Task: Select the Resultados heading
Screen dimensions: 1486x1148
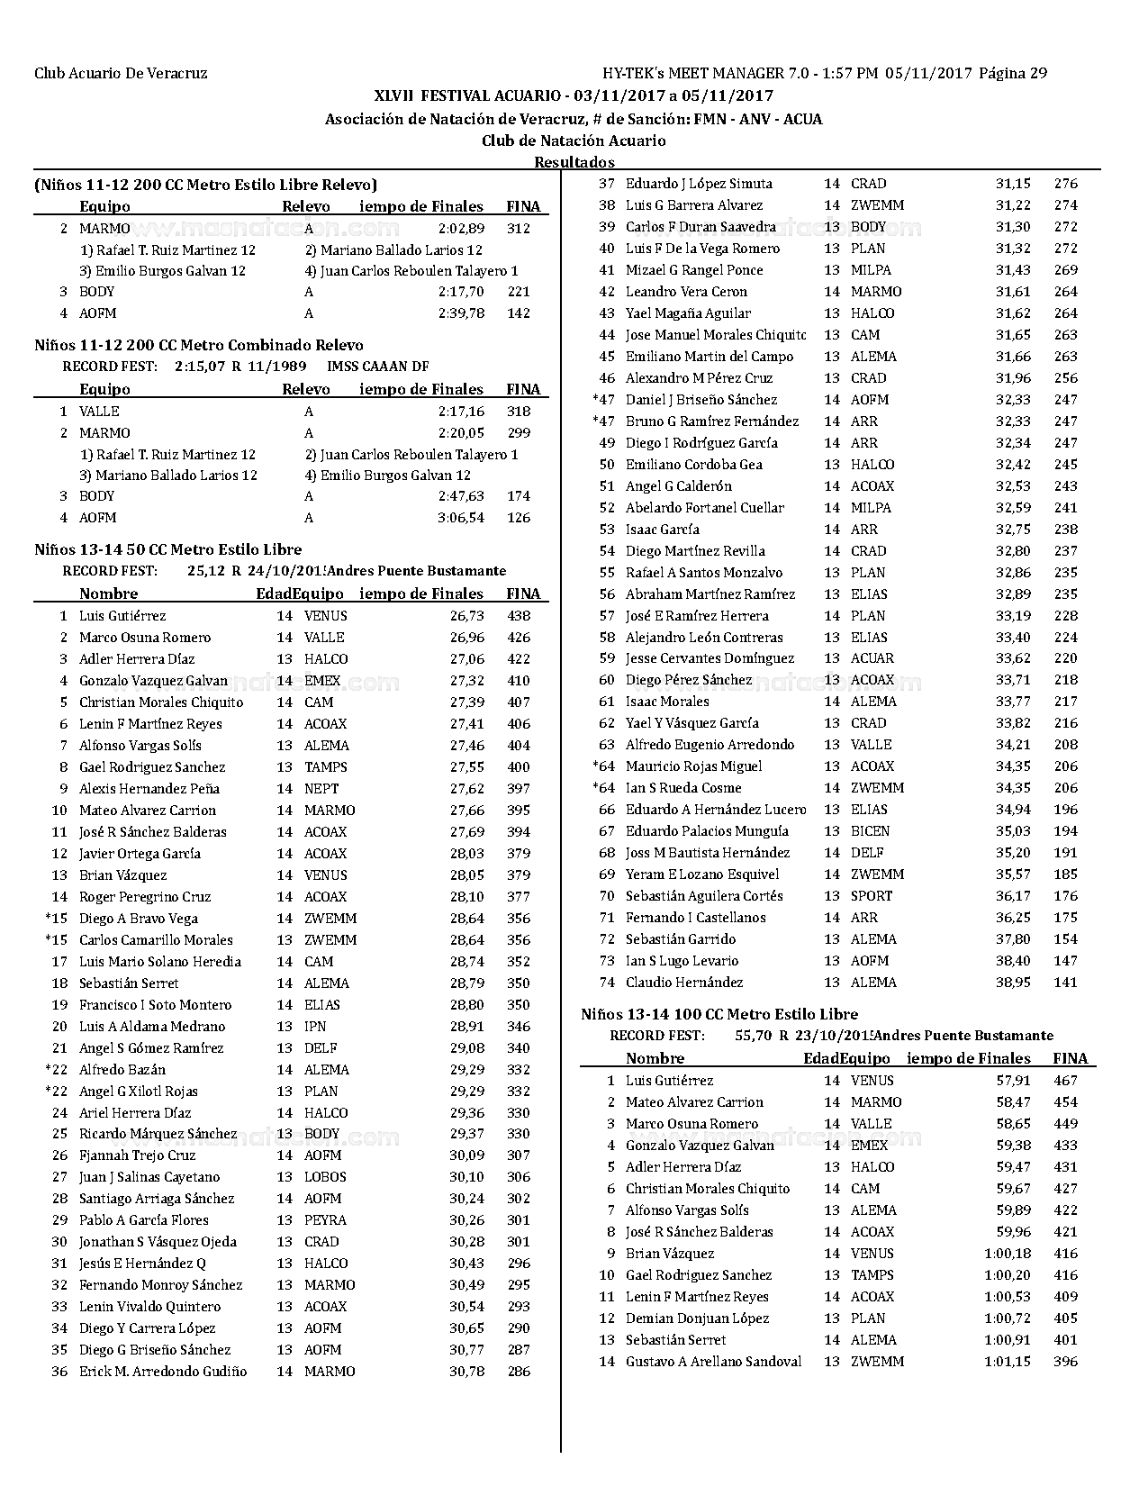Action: click(574, 162)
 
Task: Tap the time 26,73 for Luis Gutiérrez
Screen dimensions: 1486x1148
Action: click(466, 616)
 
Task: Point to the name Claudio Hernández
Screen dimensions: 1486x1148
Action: click(684, 983)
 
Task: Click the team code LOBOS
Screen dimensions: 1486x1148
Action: click(325, 1177)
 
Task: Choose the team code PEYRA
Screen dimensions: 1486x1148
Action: click(325, 1220)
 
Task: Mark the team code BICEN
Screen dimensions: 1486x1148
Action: click(870, 831)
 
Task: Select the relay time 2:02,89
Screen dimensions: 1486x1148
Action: click(461, 229)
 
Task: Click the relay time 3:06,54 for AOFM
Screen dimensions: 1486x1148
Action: click(461, 518)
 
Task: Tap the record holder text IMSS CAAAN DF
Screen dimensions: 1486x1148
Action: click(377, 367)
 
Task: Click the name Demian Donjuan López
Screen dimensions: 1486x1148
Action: click(697, 1318)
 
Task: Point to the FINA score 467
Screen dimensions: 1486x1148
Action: click(1065, 1081)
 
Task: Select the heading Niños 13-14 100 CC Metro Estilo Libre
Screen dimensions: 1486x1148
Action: click(719, 1014)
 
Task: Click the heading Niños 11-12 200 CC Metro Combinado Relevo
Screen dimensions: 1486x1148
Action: click(199, 345)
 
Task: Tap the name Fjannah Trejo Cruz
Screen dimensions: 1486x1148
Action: click(137, 1155)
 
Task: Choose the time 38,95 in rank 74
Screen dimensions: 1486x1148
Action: click(1013, 983)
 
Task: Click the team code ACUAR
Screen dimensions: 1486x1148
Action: click(872, 658)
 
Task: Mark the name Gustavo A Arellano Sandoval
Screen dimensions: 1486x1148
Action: click(713, 1362)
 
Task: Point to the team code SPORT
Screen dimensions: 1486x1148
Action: click(871, 896)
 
